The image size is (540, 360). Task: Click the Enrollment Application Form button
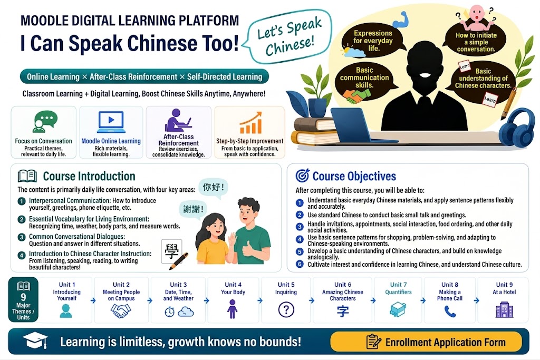pyautogui.click(x=426, y=342)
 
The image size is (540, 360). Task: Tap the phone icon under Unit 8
pyautogui.click(x=450, y=311)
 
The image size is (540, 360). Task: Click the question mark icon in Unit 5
pyautogui.click(x=286, y=309)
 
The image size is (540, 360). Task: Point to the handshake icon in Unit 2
pyautogui.click(x=121, y=310)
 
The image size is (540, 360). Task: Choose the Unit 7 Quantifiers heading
pyautogui.click(x=398, y=288)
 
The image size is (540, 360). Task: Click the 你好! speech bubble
pyautogui.click(x=214, y=188)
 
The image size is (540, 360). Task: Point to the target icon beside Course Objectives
pyautogui.click(x=302, y=176)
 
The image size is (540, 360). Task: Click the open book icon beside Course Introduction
pyautogui.click(x=27, y=176)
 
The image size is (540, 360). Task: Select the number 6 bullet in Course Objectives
pyautogui.click(x=300, y=264)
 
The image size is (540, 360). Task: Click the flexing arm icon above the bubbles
pyautogui.click(x=401, y=20)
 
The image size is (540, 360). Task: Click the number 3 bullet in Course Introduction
pyautogui.click(x=22, y=237)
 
